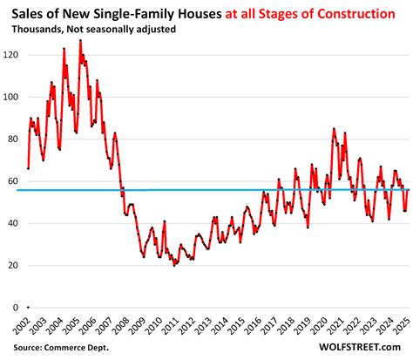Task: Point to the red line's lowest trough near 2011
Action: (x=175, y=264)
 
